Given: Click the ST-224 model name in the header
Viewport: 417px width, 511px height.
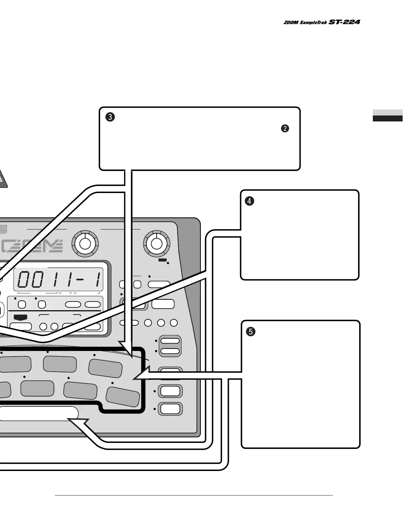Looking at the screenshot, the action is (x=344, y=22).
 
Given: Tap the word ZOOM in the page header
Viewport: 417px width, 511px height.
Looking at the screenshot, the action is (x=291, y=22).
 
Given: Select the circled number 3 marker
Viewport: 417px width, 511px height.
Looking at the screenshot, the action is (x=110, y=117).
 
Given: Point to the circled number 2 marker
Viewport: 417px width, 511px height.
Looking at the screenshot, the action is (x=285, y=128).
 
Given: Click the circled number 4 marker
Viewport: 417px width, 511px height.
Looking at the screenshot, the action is (x=249, y=201).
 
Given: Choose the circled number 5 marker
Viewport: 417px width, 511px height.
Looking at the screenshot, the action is (x=251, y=332).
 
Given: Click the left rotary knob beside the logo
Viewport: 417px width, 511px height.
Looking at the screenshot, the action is (x=85, y=244).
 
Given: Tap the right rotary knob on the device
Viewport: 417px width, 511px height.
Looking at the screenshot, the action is (x=157, y=244).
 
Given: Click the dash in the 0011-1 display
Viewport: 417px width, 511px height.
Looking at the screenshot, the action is (x=80, y=279).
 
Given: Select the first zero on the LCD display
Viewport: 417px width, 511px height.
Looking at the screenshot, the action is (x=24, y=279).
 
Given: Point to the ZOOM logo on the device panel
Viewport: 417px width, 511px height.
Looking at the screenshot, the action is (x=32, y=246).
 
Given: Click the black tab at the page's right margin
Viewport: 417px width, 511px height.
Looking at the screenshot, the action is (x=388, y=119).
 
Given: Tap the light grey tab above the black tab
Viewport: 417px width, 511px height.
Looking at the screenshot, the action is (x=388, y=112).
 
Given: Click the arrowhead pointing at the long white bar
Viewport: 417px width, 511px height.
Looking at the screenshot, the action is (x=78, y=423).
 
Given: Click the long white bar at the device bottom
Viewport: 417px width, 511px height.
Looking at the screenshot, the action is (x=39, y=413).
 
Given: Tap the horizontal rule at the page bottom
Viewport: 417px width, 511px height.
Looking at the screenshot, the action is (x=194, y=495).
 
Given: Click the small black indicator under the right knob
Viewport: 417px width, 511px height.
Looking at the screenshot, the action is (x=163, y=260).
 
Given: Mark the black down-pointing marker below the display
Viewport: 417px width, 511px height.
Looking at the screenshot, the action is (x=21, y=317).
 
